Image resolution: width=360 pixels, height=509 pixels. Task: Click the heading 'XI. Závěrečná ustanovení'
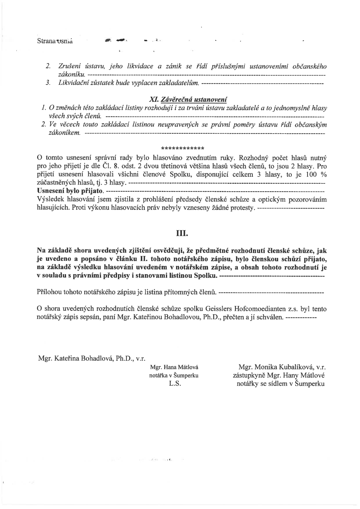(x=188, y=99)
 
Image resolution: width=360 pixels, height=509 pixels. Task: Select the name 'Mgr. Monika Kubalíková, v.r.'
(x=281, y=367)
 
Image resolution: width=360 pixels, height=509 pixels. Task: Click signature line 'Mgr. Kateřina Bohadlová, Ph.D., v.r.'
(x=92, y=358)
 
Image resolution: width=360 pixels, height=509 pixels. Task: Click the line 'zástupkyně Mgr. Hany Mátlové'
(x=279, y=375)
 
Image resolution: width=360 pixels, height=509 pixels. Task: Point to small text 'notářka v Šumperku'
(x=174, y=375)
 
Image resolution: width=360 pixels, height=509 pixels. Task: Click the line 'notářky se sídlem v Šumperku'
(x=281, y=384)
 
